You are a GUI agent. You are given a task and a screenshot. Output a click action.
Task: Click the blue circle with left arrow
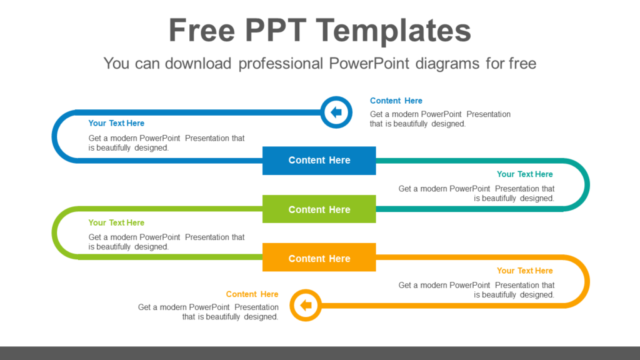(x=336, y=112)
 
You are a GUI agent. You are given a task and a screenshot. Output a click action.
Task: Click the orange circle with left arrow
(x=306, y=306)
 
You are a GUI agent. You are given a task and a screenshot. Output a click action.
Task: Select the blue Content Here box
(x=319, y=161)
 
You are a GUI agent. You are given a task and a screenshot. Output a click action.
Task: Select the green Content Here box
(x=319, y=209)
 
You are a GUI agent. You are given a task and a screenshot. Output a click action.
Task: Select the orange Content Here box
(x=319, y=257)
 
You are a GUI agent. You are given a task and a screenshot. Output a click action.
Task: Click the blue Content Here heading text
(x=396, y=101)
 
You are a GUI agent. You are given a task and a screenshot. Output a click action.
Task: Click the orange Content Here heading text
(x=252, y=294)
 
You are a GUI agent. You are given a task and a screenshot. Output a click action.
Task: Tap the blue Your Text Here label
(x=116, y=123)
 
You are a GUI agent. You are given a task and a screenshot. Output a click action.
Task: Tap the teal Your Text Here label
(x=524, y=174)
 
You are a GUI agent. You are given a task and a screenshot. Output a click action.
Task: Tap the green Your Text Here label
(x=116, y=222)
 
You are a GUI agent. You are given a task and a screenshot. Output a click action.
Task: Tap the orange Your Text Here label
(x=524, y=271)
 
